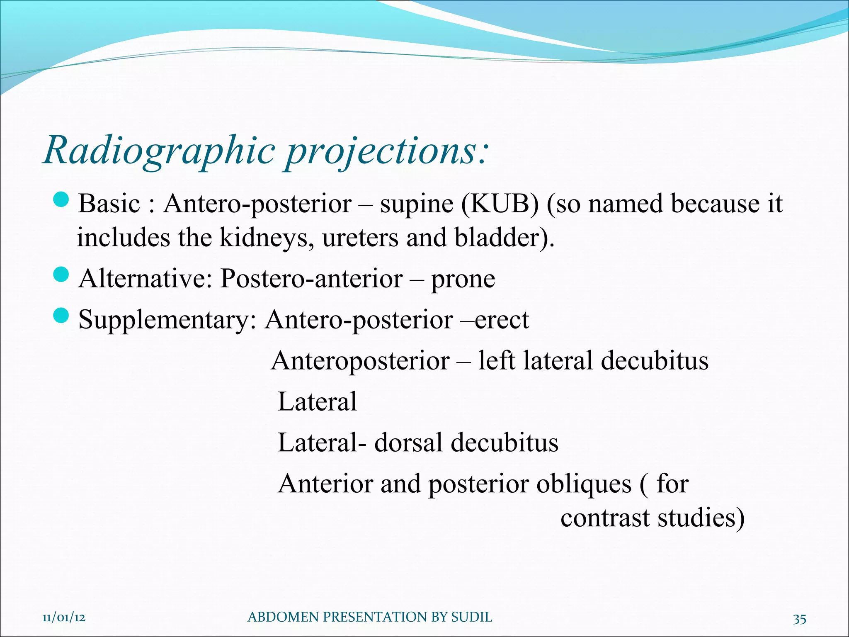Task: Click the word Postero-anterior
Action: click(311, 279)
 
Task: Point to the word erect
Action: click(502, 320)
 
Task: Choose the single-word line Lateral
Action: click(317, 402)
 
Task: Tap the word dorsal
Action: click(409, 442)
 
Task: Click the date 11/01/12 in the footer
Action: click(64, 618)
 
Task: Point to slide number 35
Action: click(799, 619)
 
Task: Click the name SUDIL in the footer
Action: click(471, 618)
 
